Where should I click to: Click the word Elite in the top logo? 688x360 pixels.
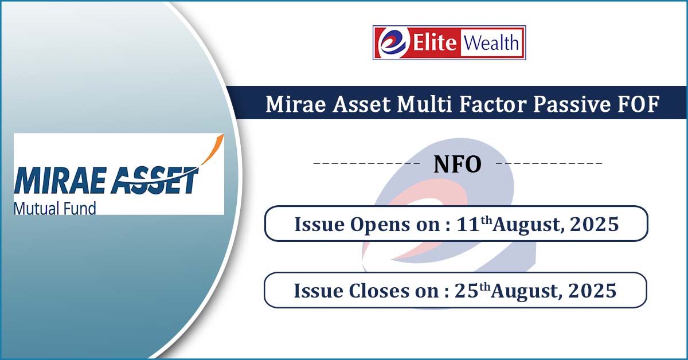pos(435,42)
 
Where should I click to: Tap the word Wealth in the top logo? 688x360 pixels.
pos(491,42)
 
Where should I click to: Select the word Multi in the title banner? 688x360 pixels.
pos(424,104)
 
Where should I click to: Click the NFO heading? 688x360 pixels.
pos(458,165)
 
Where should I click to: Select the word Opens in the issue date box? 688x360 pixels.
pos(380,225)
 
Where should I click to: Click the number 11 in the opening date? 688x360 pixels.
pos(468,224)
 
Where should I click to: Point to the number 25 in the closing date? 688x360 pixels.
pos(466,291)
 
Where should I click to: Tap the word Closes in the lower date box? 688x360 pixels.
pos(379,291)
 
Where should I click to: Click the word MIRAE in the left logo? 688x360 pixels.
pos(60,181)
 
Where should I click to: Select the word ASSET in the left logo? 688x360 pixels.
pos(154,181)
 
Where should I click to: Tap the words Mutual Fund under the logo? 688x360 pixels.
pos(55,208)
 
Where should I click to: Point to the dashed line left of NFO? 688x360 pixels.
pos(366,163)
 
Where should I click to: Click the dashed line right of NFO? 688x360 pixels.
pos(549,163)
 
